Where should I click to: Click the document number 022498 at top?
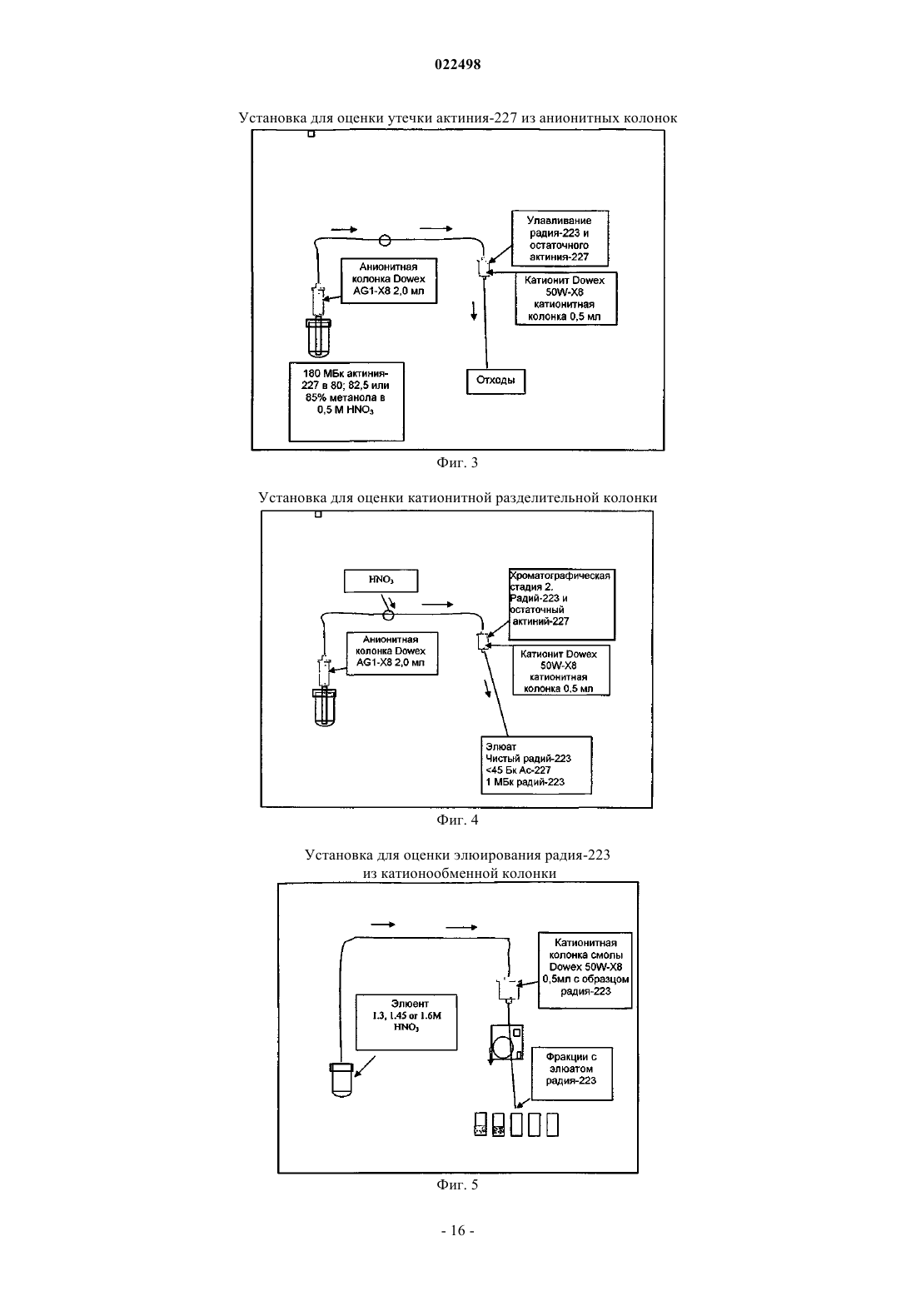(x=457, y=64)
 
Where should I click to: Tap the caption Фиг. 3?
(x=457, y=462)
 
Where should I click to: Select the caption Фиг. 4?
(x=457, y=820)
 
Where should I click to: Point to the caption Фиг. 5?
(x=457, y=1184)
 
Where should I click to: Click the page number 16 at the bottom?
(x=457, y=1231)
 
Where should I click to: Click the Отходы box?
(x=496, y=381)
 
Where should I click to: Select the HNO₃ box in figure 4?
(x=381, y=581)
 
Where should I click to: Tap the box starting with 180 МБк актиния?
(x=346, y=401)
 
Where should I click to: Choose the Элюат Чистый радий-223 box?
(x=536, y=765)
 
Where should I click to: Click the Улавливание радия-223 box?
(x=560, y=238)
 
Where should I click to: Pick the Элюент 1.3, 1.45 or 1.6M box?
(x=406, y=1022)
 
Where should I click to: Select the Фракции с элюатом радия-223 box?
(x=572, y=1074)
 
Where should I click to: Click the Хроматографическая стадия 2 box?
(x=561, y=605)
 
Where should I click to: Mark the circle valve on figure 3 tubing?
(x=385, y=240)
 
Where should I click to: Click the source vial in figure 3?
(x=319, y=337)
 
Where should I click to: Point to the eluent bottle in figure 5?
(x=341, y=1079)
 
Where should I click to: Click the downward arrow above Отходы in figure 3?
(x=474, y=311)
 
